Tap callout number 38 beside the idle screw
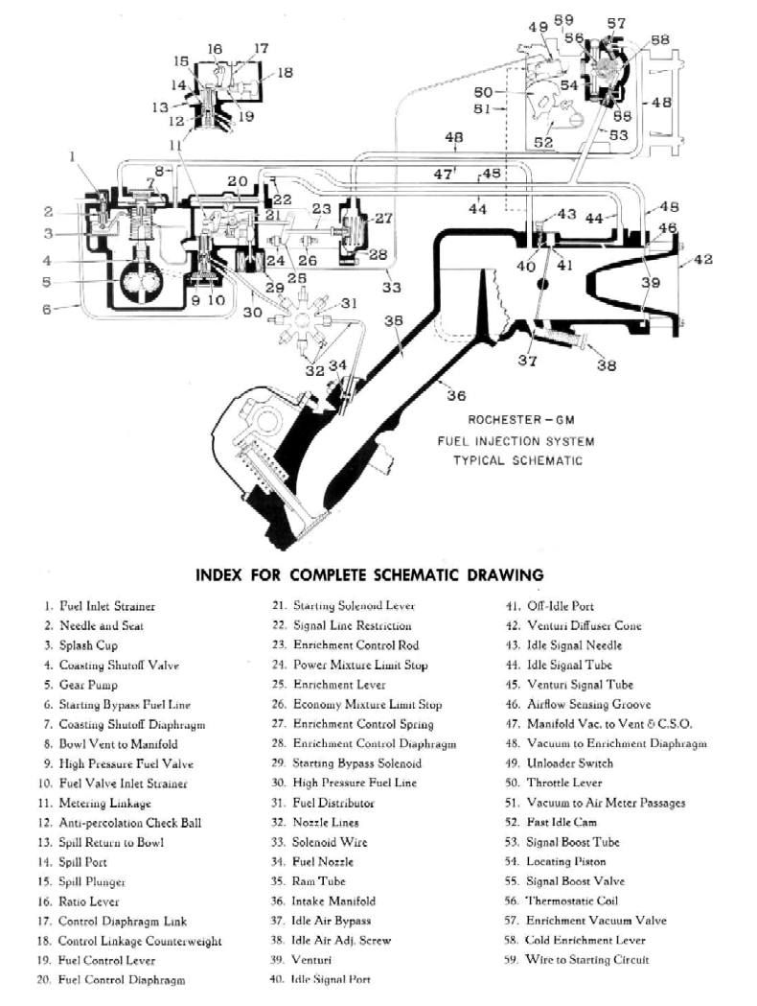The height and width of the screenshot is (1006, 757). click(606, 365)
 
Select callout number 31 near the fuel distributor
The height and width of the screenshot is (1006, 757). click(349, 303)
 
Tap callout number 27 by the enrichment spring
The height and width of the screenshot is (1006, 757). click(383, 219)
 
